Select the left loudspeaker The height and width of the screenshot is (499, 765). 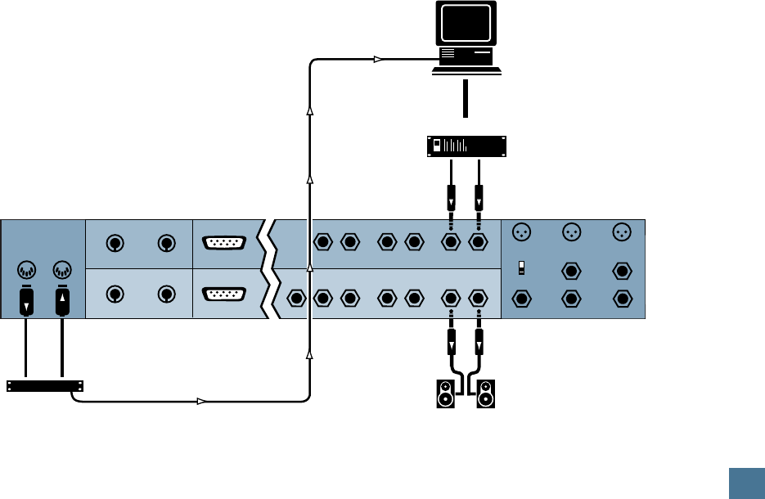[x=445, y=393]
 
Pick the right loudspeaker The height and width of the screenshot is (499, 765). [x=487, y=393]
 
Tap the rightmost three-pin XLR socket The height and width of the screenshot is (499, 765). [x=623, y=233]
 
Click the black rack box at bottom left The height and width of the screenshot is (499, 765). [x=45, y=385]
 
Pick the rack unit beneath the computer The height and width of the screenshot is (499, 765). [x=463, y=146]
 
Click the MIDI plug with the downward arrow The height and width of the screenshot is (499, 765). [x=27, y=303]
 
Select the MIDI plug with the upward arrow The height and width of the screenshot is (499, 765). [x=62, y=303]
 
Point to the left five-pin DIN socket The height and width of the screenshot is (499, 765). [x=27, y=269]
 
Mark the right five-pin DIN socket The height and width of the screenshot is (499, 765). [x=61, y=269]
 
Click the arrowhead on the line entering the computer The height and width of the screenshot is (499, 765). [x=377, y=59]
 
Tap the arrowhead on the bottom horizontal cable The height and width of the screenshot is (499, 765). [x=200, y=401]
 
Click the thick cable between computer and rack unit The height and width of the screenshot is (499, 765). [x=465, y=101]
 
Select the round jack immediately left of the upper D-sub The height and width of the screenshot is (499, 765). [x=167, y=243]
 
